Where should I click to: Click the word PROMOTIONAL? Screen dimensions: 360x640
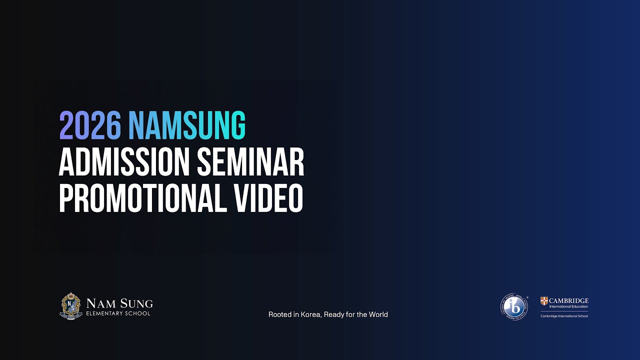141,198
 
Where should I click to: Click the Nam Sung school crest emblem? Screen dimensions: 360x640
71,305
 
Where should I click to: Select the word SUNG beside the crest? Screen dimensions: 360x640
136,303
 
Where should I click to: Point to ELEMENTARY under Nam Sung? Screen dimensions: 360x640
105,313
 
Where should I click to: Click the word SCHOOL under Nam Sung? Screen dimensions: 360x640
138,313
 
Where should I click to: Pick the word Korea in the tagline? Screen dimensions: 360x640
311,314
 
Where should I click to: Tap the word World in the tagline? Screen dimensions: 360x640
378,314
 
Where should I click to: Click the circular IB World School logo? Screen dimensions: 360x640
514,306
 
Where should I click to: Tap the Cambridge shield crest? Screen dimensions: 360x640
544,301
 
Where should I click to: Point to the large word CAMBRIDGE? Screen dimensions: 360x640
569,300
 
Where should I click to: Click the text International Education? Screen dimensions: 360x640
568,306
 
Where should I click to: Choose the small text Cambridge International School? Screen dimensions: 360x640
564,316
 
